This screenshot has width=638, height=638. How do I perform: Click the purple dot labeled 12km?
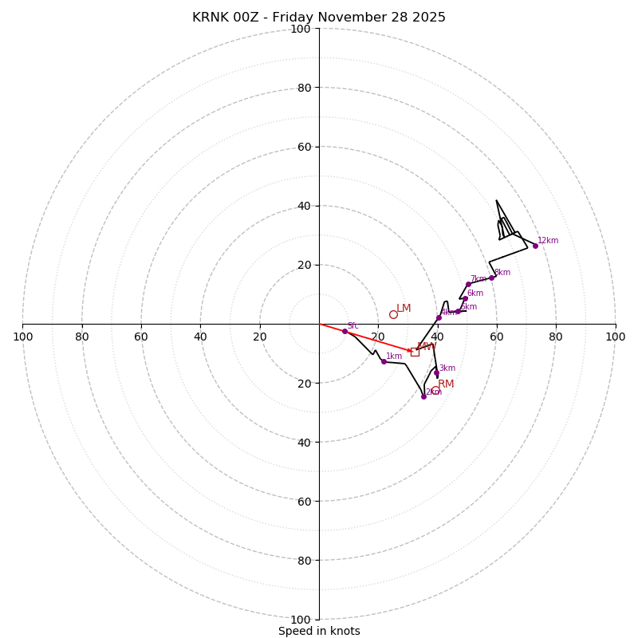click(x=535, y=246)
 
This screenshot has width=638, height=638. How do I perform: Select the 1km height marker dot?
click(x=384, y=361)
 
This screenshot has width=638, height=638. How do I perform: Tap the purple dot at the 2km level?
click(x=423, y=396)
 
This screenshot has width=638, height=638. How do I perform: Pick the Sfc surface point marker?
click(x=345, y=331)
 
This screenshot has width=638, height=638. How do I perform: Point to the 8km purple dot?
click(x=491, y=278)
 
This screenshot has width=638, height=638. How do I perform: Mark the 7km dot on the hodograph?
click(x=468, y=284)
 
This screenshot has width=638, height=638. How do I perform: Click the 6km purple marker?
click(x=465, y=298)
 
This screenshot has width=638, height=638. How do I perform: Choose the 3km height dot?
click(x=436, y=372)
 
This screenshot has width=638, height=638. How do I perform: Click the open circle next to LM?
click(x=393, y=314)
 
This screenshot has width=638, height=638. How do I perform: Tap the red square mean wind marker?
click(x=415, y=352)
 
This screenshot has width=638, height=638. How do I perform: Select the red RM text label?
click(x=446, y=384)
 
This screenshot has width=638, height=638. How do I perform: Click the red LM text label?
click(x=404, y=309)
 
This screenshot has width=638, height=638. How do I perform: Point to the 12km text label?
click(x=548, y=240)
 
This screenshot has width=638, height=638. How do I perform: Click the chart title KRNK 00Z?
click(x=319, y=18)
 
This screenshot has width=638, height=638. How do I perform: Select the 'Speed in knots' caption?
click(x=319, y=631)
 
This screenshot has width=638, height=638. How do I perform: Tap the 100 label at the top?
click(x=301, y=29)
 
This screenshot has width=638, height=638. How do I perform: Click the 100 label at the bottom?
click(x=301, y=620)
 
